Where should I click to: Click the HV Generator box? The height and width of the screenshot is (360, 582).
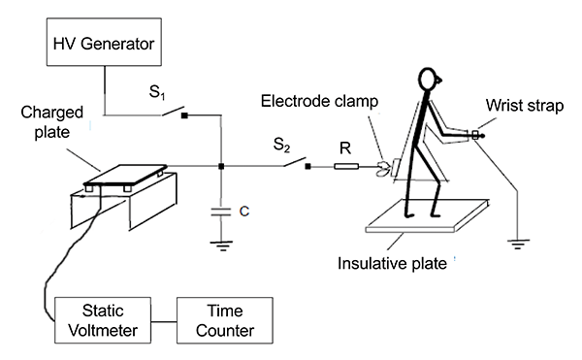tap(104, 42)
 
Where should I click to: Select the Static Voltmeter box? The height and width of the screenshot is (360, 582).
tap(103, 320)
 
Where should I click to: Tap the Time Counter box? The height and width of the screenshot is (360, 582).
tap(225, 320)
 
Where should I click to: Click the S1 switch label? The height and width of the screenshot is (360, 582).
tap(157, 92)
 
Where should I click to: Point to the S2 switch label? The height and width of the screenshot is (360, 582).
tap(281, 145)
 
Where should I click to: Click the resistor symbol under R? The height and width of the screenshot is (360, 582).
tap(346, 166)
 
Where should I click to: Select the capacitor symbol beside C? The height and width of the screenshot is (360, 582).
tap(221, 212)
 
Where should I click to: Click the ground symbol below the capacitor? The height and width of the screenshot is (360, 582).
tap(221, 245)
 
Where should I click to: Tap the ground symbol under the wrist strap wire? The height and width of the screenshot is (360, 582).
tap(518, 245)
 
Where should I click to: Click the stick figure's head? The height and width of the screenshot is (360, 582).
tap(430, 79)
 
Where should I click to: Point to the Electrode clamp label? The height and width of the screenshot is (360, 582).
tap(319, 101)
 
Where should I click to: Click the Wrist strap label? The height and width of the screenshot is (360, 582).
tap(525, 106)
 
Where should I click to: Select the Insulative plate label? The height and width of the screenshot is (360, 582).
tap(392, 264)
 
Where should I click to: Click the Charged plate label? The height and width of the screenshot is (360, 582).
tap(52, 122)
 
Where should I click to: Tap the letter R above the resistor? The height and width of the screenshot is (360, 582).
tap(345, 148)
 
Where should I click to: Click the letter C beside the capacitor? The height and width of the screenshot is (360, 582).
tap(244, 212)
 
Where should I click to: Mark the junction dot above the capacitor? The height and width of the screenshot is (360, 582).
tap(221, 166)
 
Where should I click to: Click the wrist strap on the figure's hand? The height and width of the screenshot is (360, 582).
tap(475, 135)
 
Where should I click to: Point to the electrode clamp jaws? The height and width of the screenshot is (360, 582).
tap(383, 168)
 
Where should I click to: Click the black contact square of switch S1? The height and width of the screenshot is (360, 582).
tap(184, 115)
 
